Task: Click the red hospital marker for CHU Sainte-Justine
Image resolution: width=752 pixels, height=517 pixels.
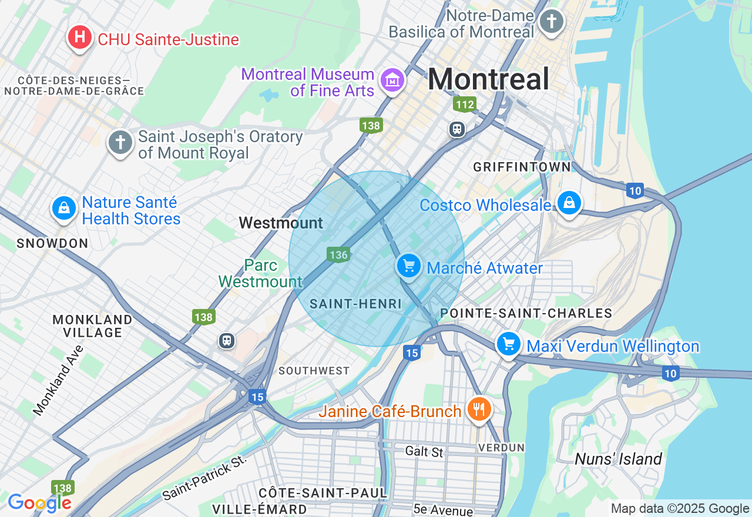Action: [x=79, y=38]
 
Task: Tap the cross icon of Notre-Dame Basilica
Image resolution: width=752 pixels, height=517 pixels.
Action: [x=551, y=22]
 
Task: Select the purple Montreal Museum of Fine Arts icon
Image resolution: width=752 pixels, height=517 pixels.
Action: [x=392, y=80]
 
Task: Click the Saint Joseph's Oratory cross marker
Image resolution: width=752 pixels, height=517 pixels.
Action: [x=120, y=143]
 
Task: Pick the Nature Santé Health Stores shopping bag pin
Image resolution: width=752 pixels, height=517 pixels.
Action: [x=64, y=209]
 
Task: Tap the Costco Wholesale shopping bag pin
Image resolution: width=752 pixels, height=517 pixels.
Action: [x=569, y=203]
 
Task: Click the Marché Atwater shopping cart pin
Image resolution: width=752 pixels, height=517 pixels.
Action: [x=409, y=266]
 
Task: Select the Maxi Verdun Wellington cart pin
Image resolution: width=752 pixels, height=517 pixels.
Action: [x=509, y=343]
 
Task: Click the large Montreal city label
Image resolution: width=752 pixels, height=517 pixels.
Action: [x=488, y=79]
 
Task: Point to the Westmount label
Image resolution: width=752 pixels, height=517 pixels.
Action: [x=281, y=223]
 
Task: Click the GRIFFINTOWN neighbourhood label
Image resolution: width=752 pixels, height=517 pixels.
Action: [x=522, y=167]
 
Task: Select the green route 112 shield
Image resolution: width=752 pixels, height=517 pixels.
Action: [x=464, y=105]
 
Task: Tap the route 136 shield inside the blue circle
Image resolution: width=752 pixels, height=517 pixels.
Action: [x=338, y=254]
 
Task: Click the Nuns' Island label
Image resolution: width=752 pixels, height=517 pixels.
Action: [x=618, y=459]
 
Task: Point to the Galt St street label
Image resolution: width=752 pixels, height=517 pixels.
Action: [x=424, y=452]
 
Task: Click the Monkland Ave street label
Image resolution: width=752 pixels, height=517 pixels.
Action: [x=58, y=380]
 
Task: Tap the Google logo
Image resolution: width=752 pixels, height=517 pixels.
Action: [x=39, y=503]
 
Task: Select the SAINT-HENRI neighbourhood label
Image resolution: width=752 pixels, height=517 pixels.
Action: [x=355, y=304]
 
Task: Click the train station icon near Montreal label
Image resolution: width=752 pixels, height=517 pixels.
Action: [x=457, y=129]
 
